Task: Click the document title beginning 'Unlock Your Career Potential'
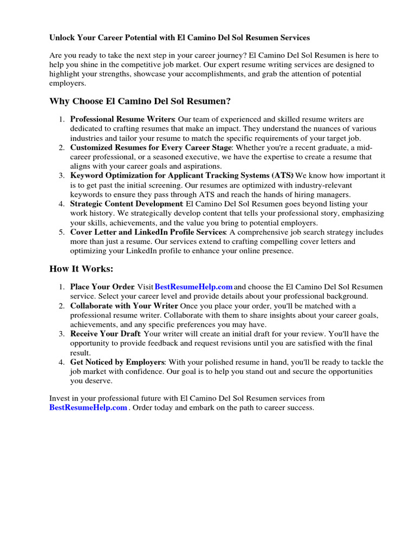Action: click(179, 38)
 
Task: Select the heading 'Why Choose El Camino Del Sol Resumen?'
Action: click(140, 101)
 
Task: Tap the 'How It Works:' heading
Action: click(81, 269)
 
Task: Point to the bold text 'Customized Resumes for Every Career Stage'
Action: click(151, 147)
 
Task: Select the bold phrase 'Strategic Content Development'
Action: click(126, 204)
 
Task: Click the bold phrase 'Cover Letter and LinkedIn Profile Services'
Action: click(147, 232)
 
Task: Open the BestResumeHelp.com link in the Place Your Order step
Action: click(194, 287)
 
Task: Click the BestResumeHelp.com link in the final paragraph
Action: click(88, 408)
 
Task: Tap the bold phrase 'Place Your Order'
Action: click(102, 287)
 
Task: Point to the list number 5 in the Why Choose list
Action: click(62, 232)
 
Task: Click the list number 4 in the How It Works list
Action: click(62, 362)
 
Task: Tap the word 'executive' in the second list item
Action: click(205, 157)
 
